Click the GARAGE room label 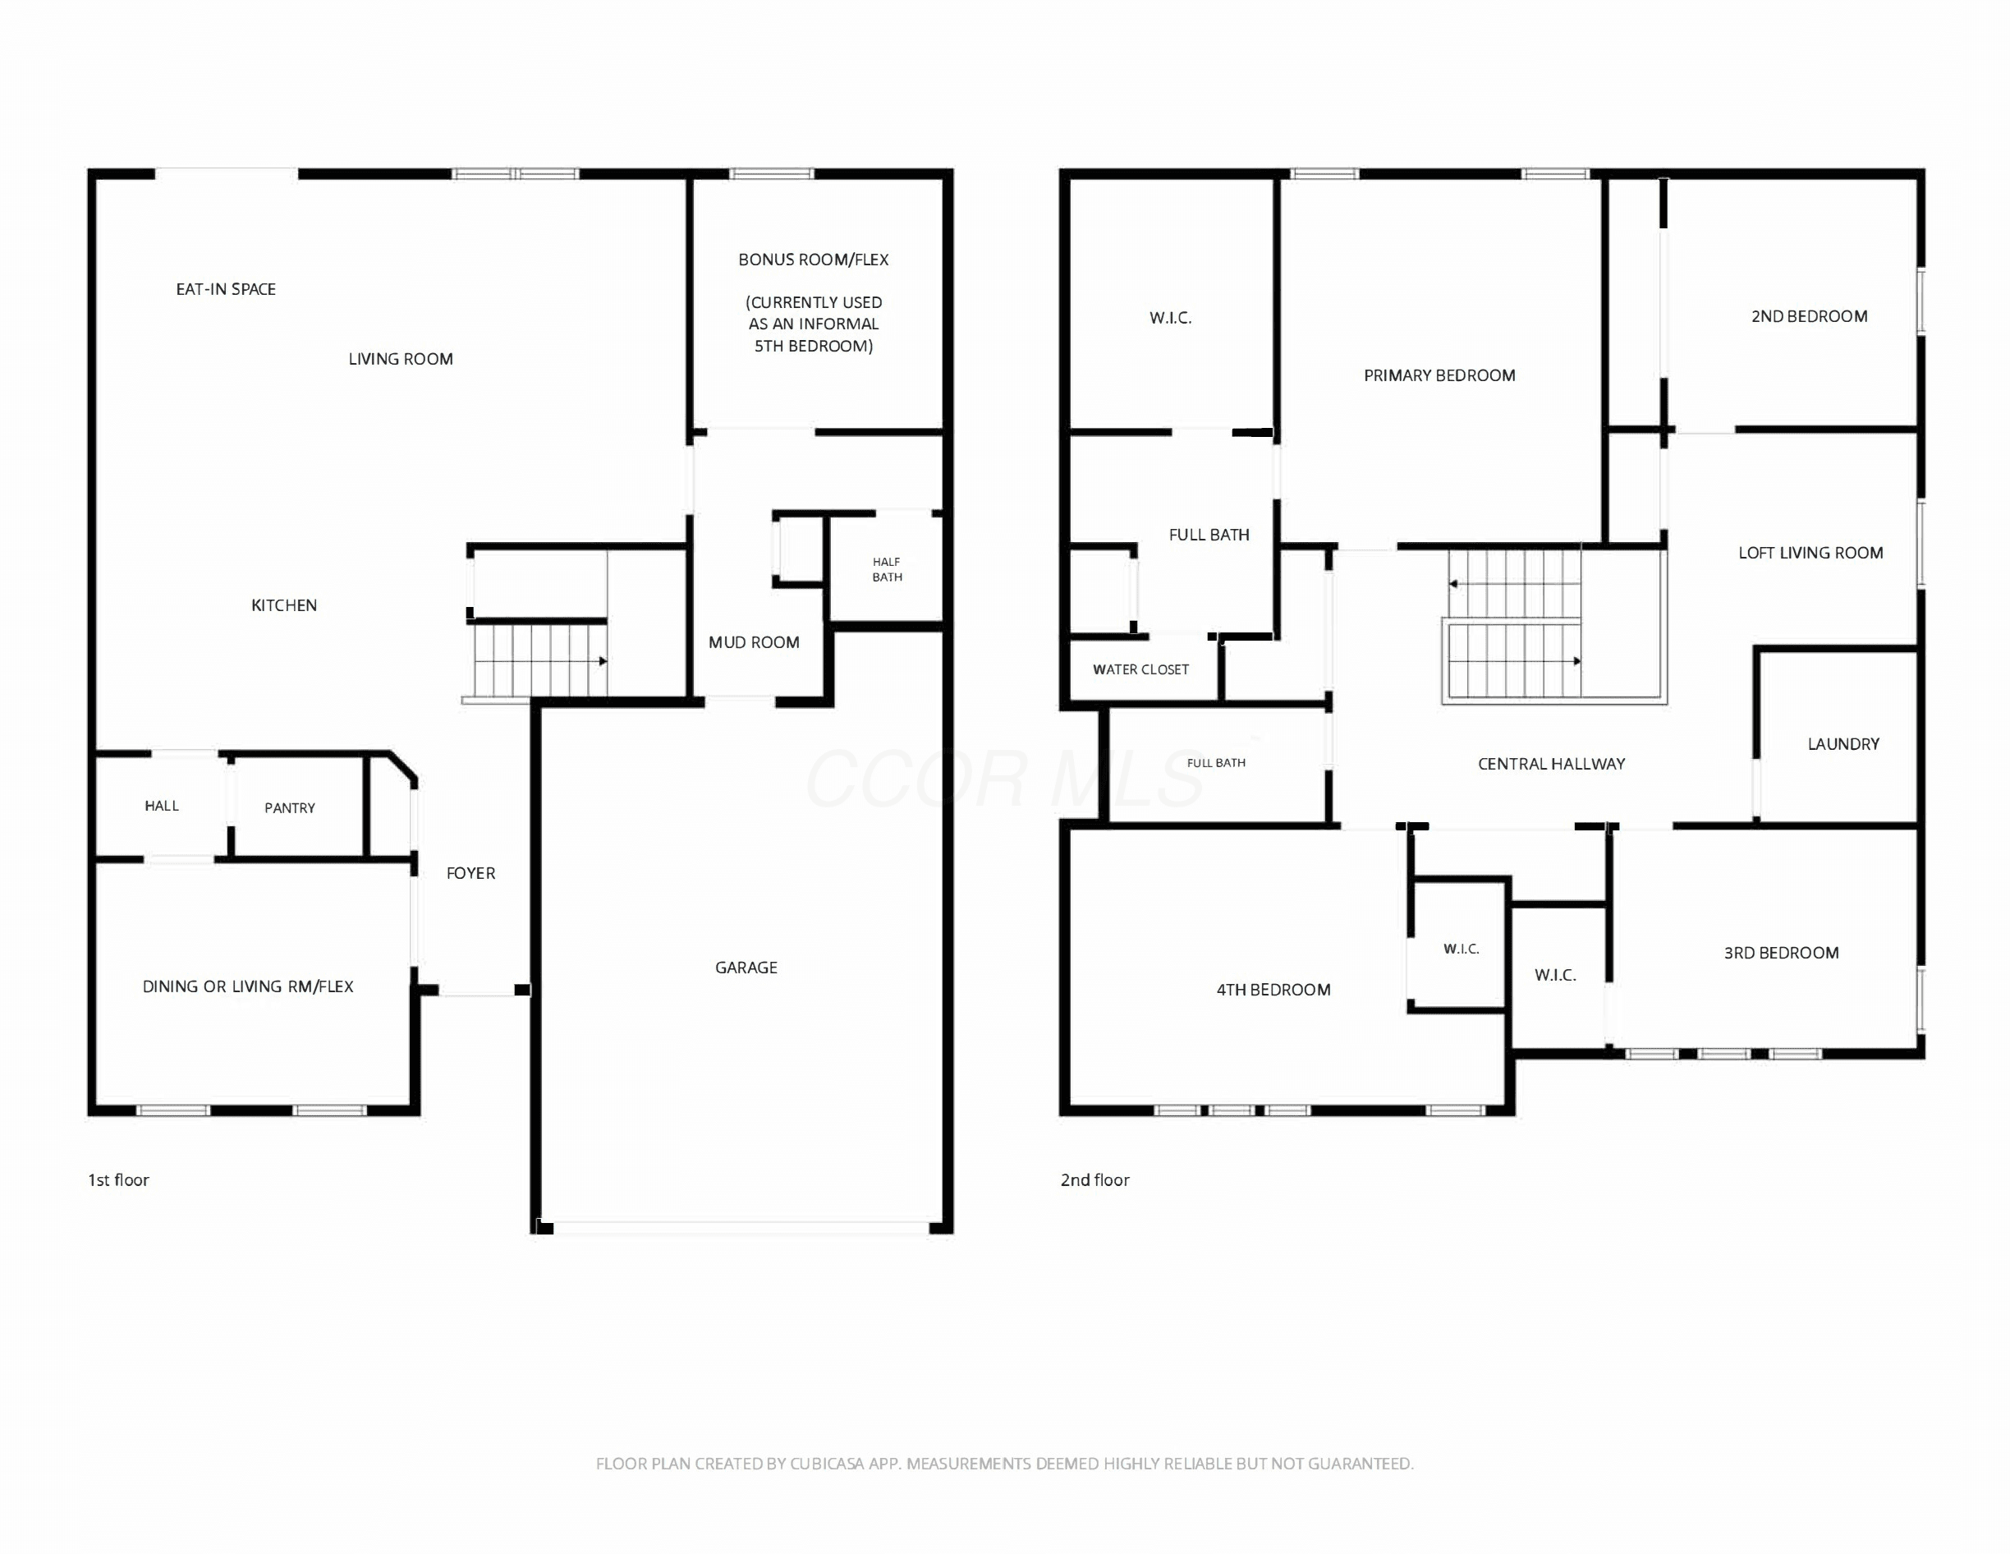746,968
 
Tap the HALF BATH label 888,569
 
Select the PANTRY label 290,808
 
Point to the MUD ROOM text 754,642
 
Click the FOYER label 470,873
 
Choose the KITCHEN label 284,605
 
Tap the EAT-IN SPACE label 226,289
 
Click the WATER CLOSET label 1140,669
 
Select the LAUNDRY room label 1843,744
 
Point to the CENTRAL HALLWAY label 1552,763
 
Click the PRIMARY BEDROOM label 1439,375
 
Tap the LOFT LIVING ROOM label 1810,553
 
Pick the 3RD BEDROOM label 1782,953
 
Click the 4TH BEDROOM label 1273,990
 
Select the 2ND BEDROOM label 1810,317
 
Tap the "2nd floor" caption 1095,1180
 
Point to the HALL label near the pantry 162,806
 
